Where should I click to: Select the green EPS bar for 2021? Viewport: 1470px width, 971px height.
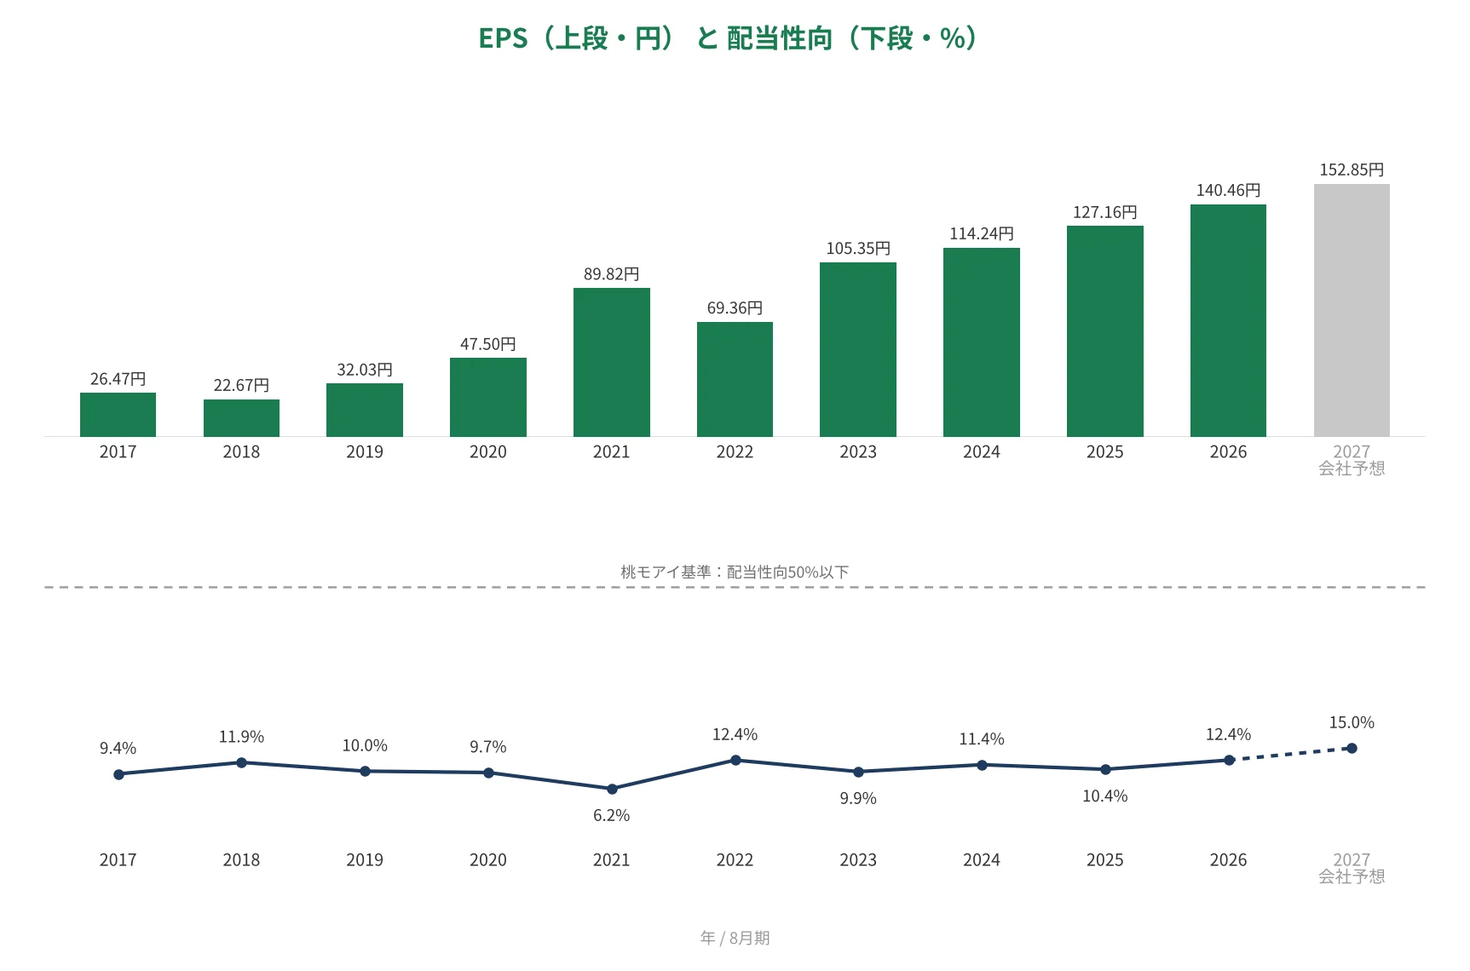[611, 362]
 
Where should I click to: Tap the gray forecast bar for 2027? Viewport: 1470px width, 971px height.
[1352, 310]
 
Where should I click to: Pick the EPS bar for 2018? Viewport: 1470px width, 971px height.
[241, 418]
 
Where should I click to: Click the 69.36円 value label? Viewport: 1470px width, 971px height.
[735, 307]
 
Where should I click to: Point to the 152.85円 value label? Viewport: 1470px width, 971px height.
[1352, 169]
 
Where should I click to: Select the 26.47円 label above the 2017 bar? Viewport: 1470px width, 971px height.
[118, 378]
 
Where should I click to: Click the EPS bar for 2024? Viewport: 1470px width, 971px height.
[982, 342]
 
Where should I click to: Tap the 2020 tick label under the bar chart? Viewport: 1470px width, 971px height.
[488, 451]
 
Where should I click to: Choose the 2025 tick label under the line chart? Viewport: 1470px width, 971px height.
[1104, 859]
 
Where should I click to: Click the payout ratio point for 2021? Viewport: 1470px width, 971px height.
[612, 789]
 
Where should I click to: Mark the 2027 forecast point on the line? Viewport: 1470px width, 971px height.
[1352, 748]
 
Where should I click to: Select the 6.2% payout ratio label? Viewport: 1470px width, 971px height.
[611, 815]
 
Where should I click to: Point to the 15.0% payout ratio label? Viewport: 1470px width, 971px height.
[1352, 722]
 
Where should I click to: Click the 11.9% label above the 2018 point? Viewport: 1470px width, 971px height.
[241, 737]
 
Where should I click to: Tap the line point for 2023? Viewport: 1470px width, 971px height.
[858, 772]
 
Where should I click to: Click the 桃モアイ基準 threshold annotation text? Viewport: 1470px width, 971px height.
[735, 572]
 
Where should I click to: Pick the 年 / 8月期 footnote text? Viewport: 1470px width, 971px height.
[735, 938]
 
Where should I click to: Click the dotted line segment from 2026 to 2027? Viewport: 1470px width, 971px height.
[1290, 754]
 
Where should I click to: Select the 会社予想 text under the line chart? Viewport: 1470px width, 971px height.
[1352, 876]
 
